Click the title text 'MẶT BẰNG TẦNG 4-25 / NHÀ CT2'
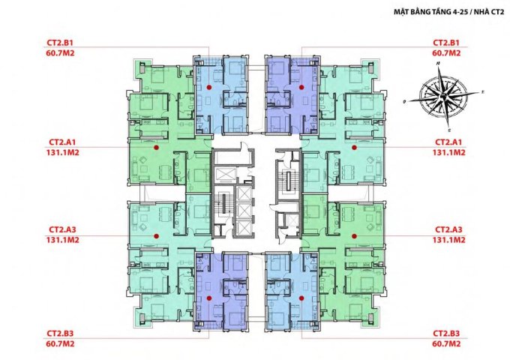coord(448,12)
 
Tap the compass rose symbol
coord(444,96)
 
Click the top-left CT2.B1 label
coord(60,43)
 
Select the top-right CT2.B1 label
coord(446,43)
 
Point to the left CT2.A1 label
coord(62,142)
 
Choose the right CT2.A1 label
coord(448,142)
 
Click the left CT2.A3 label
coord(62,229)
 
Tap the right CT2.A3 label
coord(448,229)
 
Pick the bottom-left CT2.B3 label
coord(60,333)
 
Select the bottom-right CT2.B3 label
coord(446,333)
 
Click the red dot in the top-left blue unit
coord(209,87)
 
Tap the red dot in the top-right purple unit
coord(301,87)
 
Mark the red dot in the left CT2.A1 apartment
coord(156,147)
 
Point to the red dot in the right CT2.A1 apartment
coord(354,147)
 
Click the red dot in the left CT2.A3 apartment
coord(156,236)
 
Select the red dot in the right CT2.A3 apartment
coord(354,236)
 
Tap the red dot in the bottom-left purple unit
coord(209,298)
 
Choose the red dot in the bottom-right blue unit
coord(301,298)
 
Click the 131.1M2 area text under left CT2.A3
coord(62,240)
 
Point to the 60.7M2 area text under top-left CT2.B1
coord(60,53)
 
